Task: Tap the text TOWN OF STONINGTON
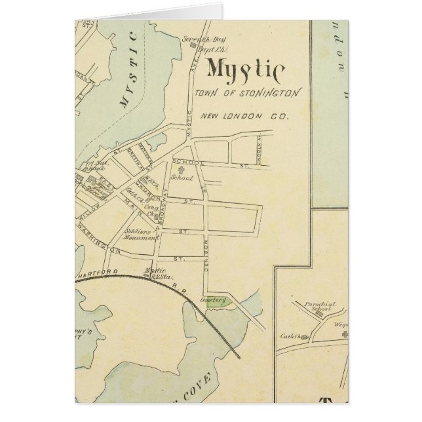pyautogui.click(x=247, y=94)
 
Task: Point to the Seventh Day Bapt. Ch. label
pyautogui.click(x=199, y=43)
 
